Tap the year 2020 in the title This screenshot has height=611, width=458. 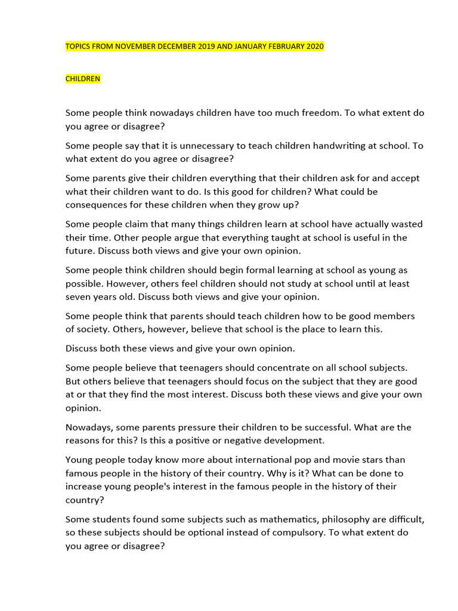(314, 47)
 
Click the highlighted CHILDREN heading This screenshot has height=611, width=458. (83, 79)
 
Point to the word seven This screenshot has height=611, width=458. (80, 297)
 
